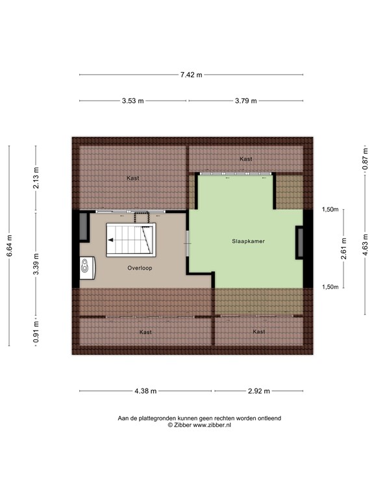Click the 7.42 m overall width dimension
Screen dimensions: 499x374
tap(191, 75)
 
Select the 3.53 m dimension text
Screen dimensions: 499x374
tap(134, 101)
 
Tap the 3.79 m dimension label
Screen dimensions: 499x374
tap(245, 101)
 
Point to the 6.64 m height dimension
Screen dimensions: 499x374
tap(9, 246)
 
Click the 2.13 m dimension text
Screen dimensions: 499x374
tap(36, 177)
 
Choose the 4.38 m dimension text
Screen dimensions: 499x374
tap(145, 390)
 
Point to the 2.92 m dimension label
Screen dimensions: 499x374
tap(258, 390)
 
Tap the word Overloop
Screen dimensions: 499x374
tap(140, 267)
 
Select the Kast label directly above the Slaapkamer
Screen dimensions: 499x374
tap(245, 159)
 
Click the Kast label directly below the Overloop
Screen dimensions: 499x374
tap(145, 332)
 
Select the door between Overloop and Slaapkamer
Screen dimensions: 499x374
tap(188, 249)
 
